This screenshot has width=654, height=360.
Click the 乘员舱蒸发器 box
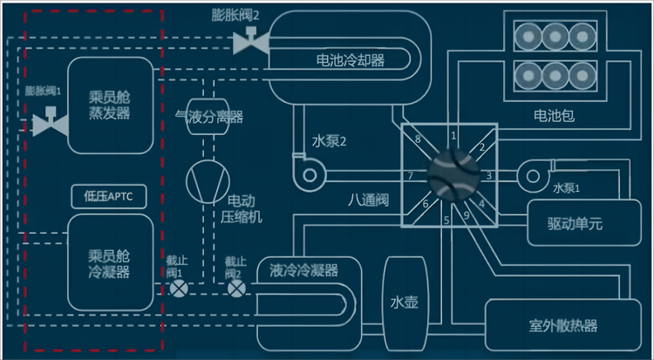click(110, 102)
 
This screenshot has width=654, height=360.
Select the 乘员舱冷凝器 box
click(110, 262)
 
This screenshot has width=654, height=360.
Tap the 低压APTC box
click(110, 196)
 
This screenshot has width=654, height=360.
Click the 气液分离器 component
click(209, 117)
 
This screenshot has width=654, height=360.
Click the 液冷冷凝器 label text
click(304, 269)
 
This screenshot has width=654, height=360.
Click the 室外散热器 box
click(562, 326)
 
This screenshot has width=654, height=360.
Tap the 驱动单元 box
click(576, 223)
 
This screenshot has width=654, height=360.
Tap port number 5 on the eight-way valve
click(446, 220)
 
